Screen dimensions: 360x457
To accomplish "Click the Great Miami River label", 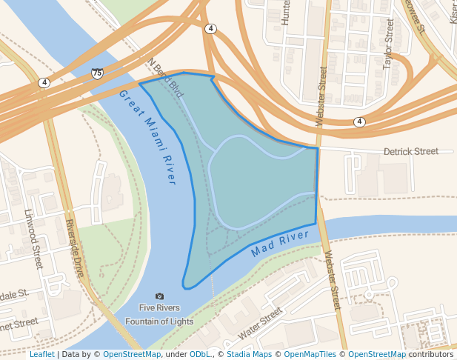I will point(148,136).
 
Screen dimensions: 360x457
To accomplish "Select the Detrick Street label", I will point(410,151).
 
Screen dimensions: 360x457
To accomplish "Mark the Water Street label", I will point(260,324).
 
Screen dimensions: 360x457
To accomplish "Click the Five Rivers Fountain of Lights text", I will point(159,314).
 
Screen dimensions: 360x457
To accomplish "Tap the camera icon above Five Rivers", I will point(159,296).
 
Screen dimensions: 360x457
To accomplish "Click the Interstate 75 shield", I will point(97,73).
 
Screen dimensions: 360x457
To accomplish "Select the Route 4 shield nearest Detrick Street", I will point(359,121).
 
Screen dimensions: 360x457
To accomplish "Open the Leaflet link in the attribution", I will point(41,354).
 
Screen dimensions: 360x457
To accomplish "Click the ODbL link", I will point(200,354).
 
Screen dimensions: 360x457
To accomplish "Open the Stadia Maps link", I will point(249,354).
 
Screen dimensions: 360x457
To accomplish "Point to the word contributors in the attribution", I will point(431,354).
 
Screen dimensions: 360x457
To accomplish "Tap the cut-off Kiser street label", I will point(453,11).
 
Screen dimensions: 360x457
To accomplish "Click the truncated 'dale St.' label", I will point(13,294).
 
